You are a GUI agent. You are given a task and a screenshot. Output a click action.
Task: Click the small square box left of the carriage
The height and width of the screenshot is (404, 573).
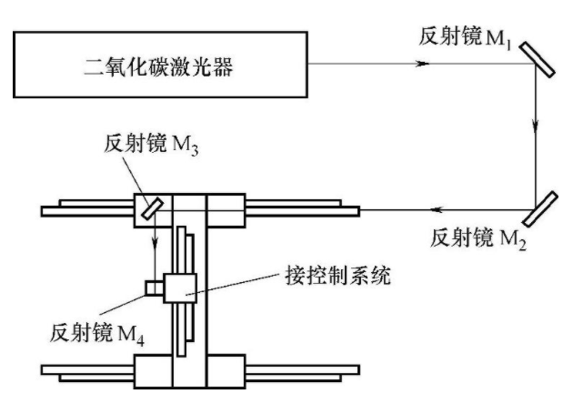152,288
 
